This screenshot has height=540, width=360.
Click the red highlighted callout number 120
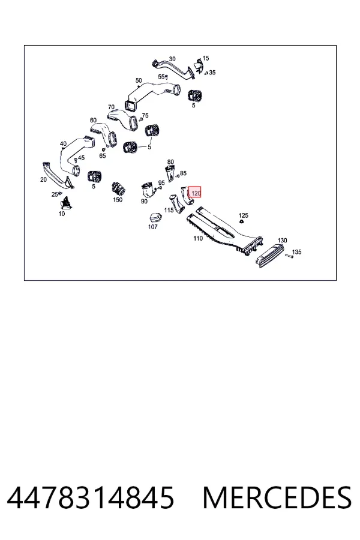pos(195,193)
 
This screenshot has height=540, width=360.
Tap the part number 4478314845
pos(91,497)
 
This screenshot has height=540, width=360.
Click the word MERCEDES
pos(277,497)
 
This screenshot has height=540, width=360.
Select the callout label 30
pos(172,59)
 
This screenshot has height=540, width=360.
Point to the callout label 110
pos(198,238)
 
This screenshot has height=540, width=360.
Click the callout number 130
pos(282,241)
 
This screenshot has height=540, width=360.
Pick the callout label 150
pos(118,200)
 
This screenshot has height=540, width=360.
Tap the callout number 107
pos(152,227)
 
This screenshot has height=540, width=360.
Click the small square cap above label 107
pos(155,218)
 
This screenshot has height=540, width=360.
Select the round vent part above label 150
pos(118,188)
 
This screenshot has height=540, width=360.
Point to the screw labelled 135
pos(289,256)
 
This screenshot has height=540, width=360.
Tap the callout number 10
pos(62,214)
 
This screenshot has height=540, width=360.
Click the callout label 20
pos(43,179)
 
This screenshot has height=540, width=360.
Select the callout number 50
pos(139,80)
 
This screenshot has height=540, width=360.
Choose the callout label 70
pos(111,107)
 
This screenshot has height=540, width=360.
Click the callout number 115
pos(169,210)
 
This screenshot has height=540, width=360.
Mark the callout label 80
pos(170,162)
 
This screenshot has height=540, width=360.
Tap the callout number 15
pos(206,58)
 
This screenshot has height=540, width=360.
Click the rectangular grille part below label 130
pos(270,256)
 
